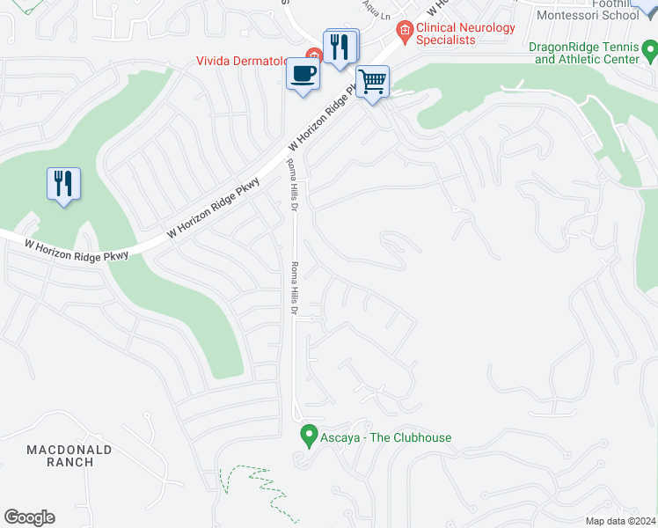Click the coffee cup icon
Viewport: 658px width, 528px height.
click(303, 73)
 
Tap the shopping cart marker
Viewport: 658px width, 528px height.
click(373, 82)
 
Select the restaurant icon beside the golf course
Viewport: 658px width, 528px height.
click(63, 184)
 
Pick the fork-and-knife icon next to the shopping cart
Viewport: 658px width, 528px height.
click(340, 47)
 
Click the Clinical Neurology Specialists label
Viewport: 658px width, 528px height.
click(465, 33)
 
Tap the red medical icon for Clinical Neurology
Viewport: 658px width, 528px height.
click(404, 33)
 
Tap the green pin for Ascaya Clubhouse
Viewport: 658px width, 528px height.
click(309, 435)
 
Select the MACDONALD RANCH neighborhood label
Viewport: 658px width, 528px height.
click(69, 456)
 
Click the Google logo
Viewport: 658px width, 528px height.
click(29, 517)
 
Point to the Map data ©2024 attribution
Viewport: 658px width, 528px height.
click(620, 521)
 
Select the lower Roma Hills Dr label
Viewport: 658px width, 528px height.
click(296, 290)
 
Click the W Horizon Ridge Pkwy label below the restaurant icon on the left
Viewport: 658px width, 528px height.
click(77, 250)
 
